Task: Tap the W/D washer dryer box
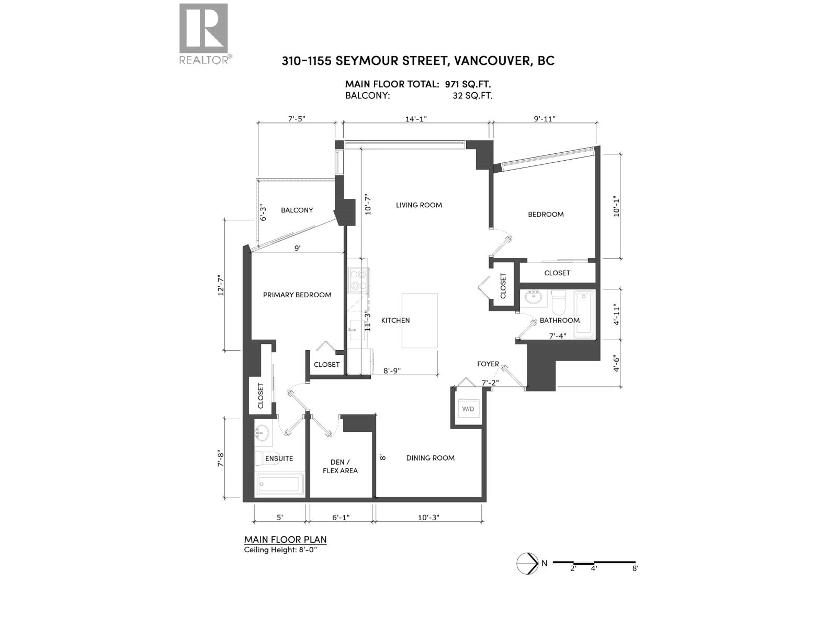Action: (x=468, y=409)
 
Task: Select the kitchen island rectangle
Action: (x=420, y=320)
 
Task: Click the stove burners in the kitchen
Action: (x=358, y=279)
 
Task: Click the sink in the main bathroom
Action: (x=534, y=298)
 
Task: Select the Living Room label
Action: (x=418, y=205)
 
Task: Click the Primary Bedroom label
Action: (x=297, y=295)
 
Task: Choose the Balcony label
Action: (x=297, y=210)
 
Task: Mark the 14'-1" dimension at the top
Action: (x=416, y=119)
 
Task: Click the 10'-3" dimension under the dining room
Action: (x=428, y=518)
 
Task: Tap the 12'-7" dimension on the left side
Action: (x=221, y=286)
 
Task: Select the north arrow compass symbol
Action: (x=527, y=563)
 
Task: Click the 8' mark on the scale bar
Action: (x=635, y=568)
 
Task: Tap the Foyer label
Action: (x=488, y=364)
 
